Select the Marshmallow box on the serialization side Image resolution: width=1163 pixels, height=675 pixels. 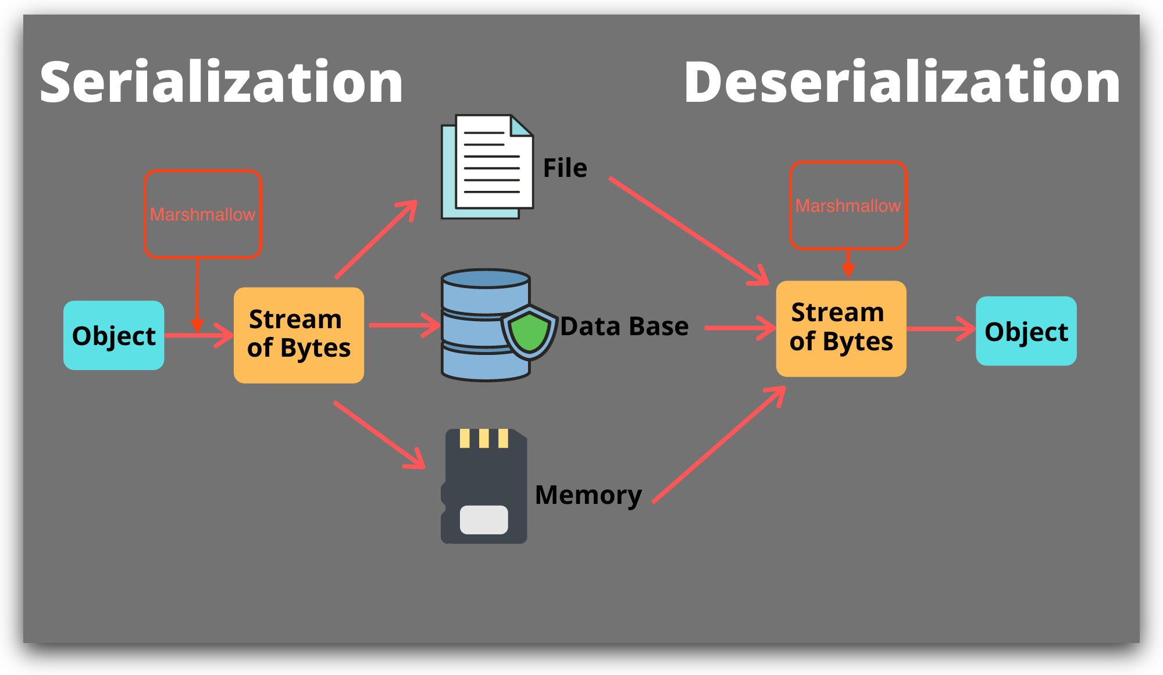203,214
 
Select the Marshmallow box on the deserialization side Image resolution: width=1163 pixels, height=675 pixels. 848,205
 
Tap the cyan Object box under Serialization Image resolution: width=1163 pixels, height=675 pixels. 114,335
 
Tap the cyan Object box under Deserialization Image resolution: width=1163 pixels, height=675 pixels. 1026,331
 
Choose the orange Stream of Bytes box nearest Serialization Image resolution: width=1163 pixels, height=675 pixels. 299,335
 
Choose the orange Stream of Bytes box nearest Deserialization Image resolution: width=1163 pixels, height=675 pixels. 841,329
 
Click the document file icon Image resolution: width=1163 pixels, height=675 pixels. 487,166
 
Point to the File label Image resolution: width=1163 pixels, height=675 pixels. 565,168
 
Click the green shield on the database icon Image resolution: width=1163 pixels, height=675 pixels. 529,332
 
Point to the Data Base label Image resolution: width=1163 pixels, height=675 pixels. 625,326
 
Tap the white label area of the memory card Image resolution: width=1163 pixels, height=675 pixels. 484,520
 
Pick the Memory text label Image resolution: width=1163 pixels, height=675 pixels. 588,496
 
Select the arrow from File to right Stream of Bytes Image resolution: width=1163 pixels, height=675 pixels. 689,231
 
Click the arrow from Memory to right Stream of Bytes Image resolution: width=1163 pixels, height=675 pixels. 719,445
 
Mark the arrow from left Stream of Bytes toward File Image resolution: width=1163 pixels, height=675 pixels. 377,239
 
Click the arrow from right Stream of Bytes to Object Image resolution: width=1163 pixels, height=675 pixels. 941,329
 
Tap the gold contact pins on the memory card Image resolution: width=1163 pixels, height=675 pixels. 484,438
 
